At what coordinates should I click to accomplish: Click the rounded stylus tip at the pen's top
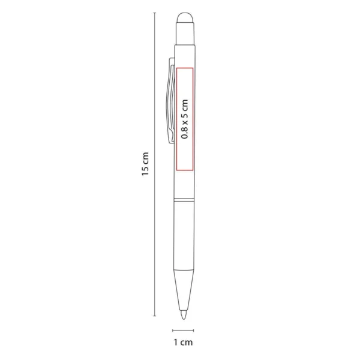click(185, 18)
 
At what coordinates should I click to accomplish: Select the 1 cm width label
click(184, 343)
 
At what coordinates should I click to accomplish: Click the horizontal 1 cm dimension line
click(184, 331)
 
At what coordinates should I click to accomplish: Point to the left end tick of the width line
click(173, 331)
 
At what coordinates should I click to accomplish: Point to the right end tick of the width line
click(196, 331)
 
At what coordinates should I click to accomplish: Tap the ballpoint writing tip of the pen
click(184, 313)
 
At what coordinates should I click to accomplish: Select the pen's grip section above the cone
click(184, 237)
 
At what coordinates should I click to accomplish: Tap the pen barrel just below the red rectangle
click(184, 180)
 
